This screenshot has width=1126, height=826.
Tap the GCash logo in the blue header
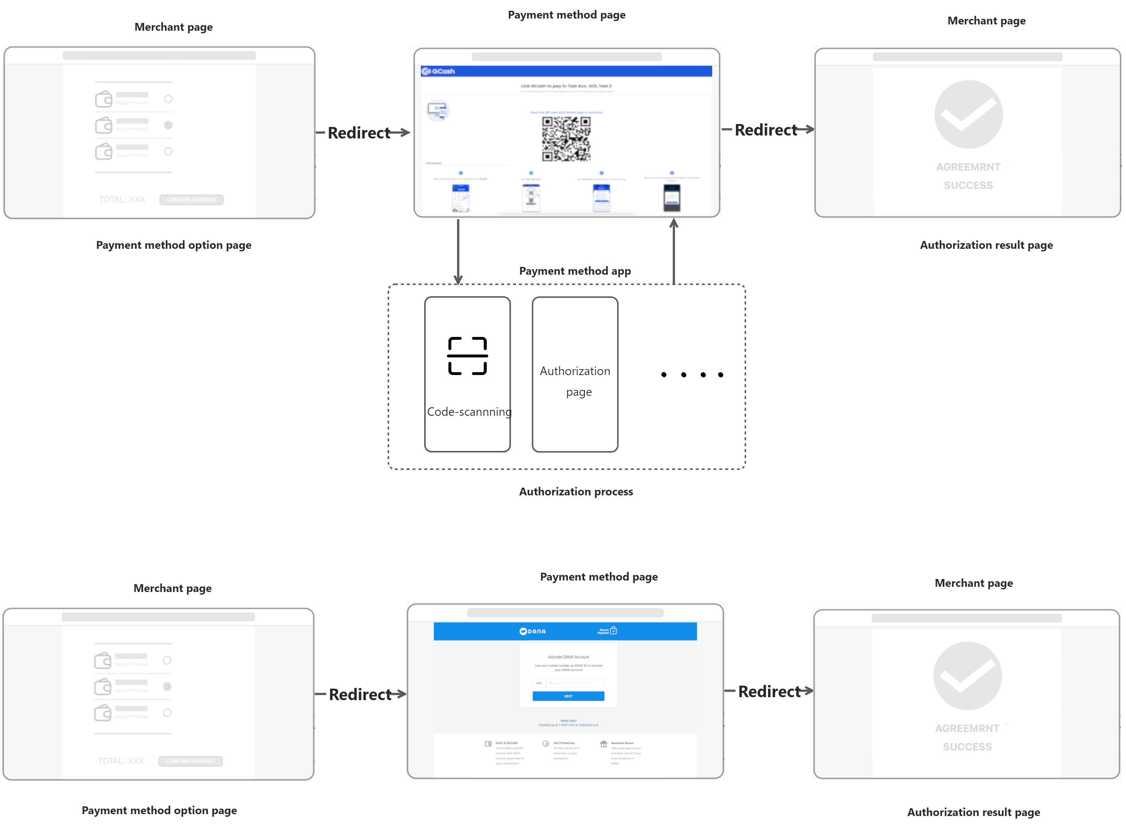click(x=438, y=71)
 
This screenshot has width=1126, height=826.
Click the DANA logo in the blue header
click(x=532, y=631)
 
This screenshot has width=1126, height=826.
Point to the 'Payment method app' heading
click(x=575, y=271)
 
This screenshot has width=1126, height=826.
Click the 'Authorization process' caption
click(x=576, y=492)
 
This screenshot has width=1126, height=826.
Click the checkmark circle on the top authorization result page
click(x=968, y=114)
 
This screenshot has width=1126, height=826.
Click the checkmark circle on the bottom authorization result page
click(x=967, y=676)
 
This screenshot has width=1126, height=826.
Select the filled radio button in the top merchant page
click(x=168, y=125)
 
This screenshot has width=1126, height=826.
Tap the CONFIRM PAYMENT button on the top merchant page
click(x=191, y=200)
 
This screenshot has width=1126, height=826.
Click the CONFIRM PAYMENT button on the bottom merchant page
click(x=190, y=761)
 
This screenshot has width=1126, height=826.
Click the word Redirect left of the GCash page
click(x=359, y=133)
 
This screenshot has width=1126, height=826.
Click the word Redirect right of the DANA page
click(x=769, y=692)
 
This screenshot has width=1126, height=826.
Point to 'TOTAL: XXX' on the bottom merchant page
click(x=121, y=761)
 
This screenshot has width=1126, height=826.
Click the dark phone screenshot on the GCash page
click(x=672, y=197)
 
